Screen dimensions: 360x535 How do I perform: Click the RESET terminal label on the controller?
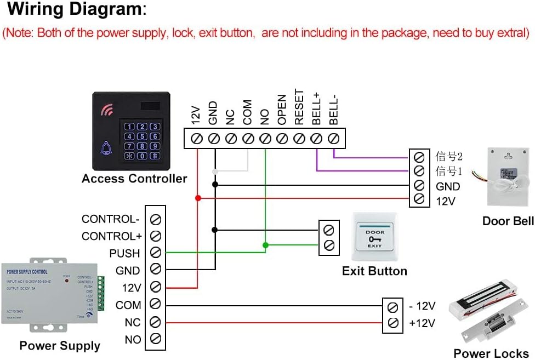pyautogui.click(x=299, y=107)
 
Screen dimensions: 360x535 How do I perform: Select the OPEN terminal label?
pyautogui.click(x=282, y=109)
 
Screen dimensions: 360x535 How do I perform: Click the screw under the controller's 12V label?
pyautogui.click(x=197, y=139)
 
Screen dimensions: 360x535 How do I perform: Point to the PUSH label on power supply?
pyautogui.click(x=124, y=253)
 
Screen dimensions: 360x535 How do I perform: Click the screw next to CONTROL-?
pyautogui.click(x=155, y=219)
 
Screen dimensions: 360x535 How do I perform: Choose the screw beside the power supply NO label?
pyautogui.click(x=155, y=339)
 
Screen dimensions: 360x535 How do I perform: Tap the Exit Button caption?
pyautogui.click(x=374, y=271)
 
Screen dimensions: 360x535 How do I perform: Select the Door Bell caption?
pyautogui.click(x=508, y=221)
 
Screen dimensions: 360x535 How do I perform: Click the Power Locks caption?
pyautogui.click(x=491, y=353)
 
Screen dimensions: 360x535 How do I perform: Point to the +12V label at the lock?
pyautogui.click(x=422, y=323)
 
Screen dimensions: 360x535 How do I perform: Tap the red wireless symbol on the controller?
pyautogui.click(x=106, y=111)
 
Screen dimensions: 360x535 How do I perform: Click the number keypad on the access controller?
pyautogui.click(x=142, y=141)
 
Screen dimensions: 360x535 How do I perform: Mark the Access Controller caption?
pyautogui.click(x=134, y=179)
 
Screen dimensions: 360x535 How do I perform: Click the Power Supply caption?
pyautogui.click(x=60, y=346)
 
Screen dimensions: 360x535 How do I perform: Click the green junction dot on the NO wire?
pyautogui.click(x=265, y=244)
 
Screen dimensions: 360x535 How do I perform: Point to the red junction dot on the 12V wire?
pyautogui.click(x=197, y=197)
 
